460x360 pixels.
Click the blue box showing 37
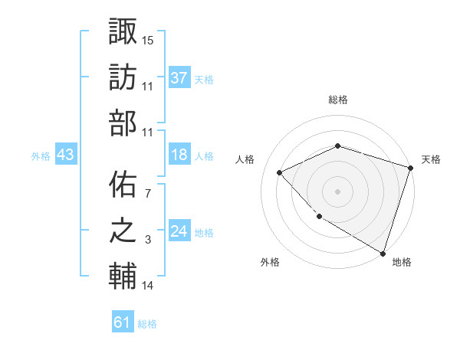click(x=179, y=77)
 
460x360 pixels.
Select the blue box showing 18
click(x=179, y=155)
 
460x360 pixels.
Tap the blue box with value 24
click(x=179, y=232)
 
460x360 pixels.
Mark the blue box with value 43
click(x=65, y=155)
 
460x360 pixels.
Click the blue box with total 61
click(x=123, y=322)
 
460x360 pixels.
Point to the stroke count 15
click(x=148, y=39)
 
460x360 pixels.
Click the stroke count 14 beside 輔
click(x=148, y=286)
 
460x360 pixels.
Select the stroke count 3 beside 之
click(x=148, y=241)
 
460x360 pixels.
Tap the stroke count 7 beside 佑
click(x=148, y=194)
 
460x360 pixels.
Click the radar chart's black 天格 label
click(x=431, y=159)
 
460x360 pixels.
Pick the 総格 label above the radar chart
click(x=338, y=100)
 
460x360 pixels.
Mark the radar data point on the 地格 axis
click(x=383, y=253)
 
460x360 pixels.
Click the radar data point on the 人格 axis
click(x=280, y=172)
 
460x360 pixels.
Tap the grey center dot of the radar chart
click(x=337, y=191)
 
